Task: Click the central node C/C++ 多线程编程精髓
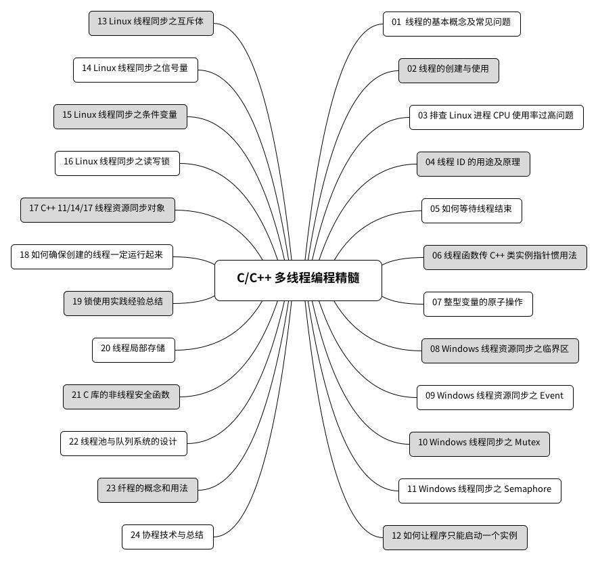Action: click(298, 279)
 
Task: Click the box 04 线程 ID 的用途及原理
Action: click(473, 163)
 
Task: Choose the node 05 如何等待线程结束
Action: click(471, 210)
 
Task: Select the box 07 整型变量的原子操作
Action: click(477, 303)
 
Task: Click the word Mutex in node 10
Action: click(528, 443)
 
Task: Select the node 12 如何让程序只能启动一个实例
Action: click(455, 537)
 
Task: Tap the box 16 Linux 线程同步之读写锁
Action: click(117, 162)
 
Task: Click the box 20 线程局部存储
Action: click(129, 349)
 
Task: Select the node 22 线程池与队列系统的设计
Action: click(123, 443)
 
